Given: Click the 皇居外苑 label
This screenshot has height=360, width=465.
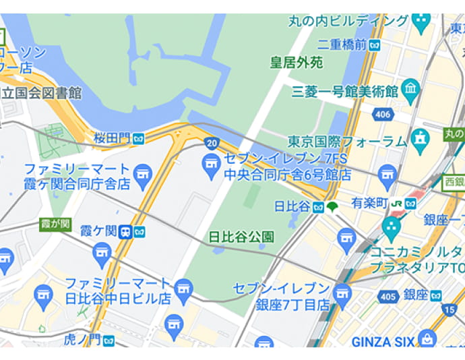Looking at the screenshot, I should coord(297,63).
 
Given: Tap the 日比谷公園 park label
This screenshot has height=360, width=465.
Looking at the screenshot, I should coord(241,237).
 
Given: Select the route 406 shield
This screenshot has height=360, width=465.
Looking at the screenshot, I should coord(382,115).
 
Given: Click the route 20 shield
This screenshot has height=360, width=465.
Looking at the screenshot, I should coord(212,142).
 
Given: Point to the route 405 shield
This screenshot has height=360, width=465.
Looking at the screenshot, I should coord(388,296).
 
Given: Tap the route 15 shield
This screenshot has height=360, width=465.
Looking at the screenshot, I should coord(449,309).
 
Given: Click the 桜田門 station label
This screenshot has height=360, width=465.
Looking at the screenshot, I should coord(112,138).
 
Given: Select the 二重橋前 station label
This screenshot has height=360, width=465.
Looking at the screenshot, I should coord(342,44).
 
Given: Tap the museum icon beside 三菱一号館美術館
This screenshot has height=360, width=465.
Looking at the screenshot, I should coord(410,88).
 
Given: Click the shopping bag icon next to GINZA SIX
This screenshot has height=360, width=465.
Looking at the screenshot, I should coord(427,339).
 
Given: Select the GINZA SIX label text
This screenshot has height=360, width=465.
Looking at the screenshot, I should coord(383,342).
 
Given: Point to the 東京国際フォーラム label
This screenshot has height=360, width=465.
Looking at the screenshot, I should coord(347,142).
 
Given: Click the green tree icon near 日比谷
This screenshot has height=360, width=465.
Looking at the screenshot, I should coord(332,206).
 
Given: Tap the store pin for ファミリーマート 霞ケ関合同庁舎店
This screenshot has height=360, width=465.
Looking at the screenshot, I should coord(142,175).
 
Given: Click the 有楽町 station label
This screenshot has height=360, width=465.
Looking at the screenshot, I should coord(369,203).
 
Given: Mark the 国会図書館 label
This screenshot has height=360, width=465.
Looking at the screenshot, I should coord(42,92).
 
